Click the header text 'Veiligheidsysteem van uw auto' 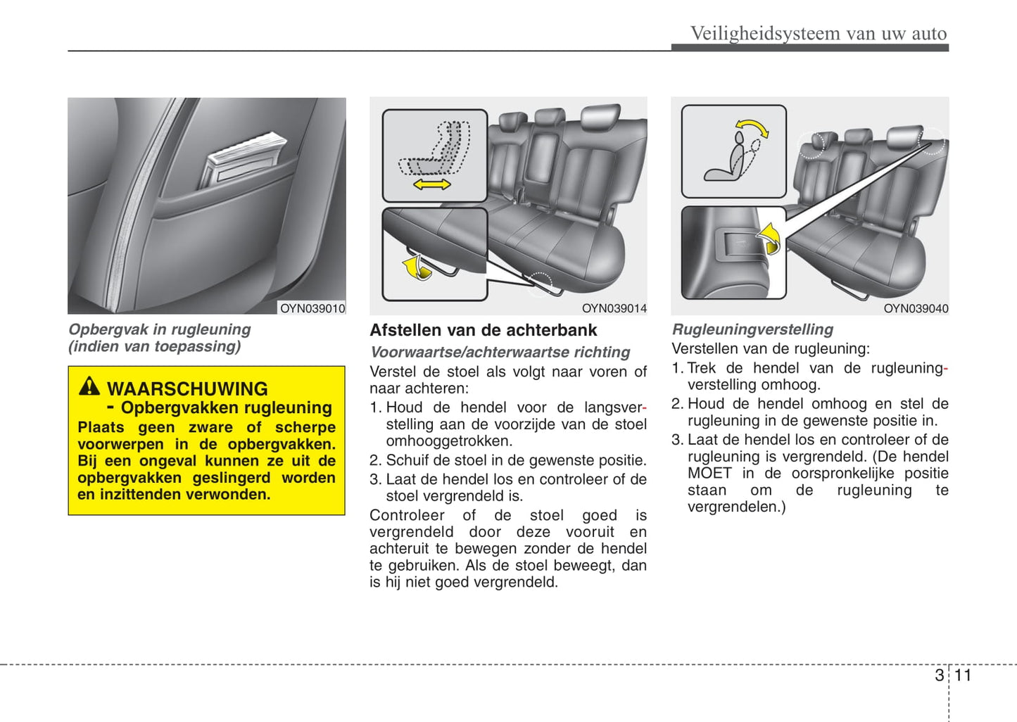coord(818,34)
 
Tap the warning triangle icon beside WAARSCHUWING coord(89,386)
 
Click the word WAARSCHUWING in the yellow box coord(187,388)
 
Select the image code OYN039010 coord(312,308)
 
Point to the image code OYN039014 coord(614,308)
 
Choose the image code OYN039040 coord(916,308)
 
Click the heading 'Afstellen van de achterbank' coord(483,330)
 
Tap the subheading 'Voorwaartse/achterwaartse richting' coord(500,352)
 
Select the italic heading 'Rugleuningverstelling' coord(752,329)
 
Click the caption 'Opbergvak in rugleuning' coord(159,329)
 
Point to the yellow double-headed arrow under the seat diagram coord(431,184)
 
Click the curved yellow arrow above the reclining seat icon coord(752,128)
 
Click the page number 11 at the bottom coord(962,676)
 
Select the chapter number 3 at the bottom coord(939,676)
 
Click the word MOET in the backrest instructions coord(709,473)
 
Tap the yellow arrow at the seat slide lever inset coord(417,267)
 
